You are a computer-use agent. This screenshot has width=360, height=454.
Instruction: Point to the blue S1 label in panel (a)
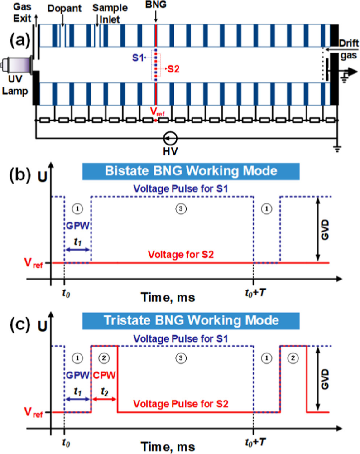click(x=138, y=58)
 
